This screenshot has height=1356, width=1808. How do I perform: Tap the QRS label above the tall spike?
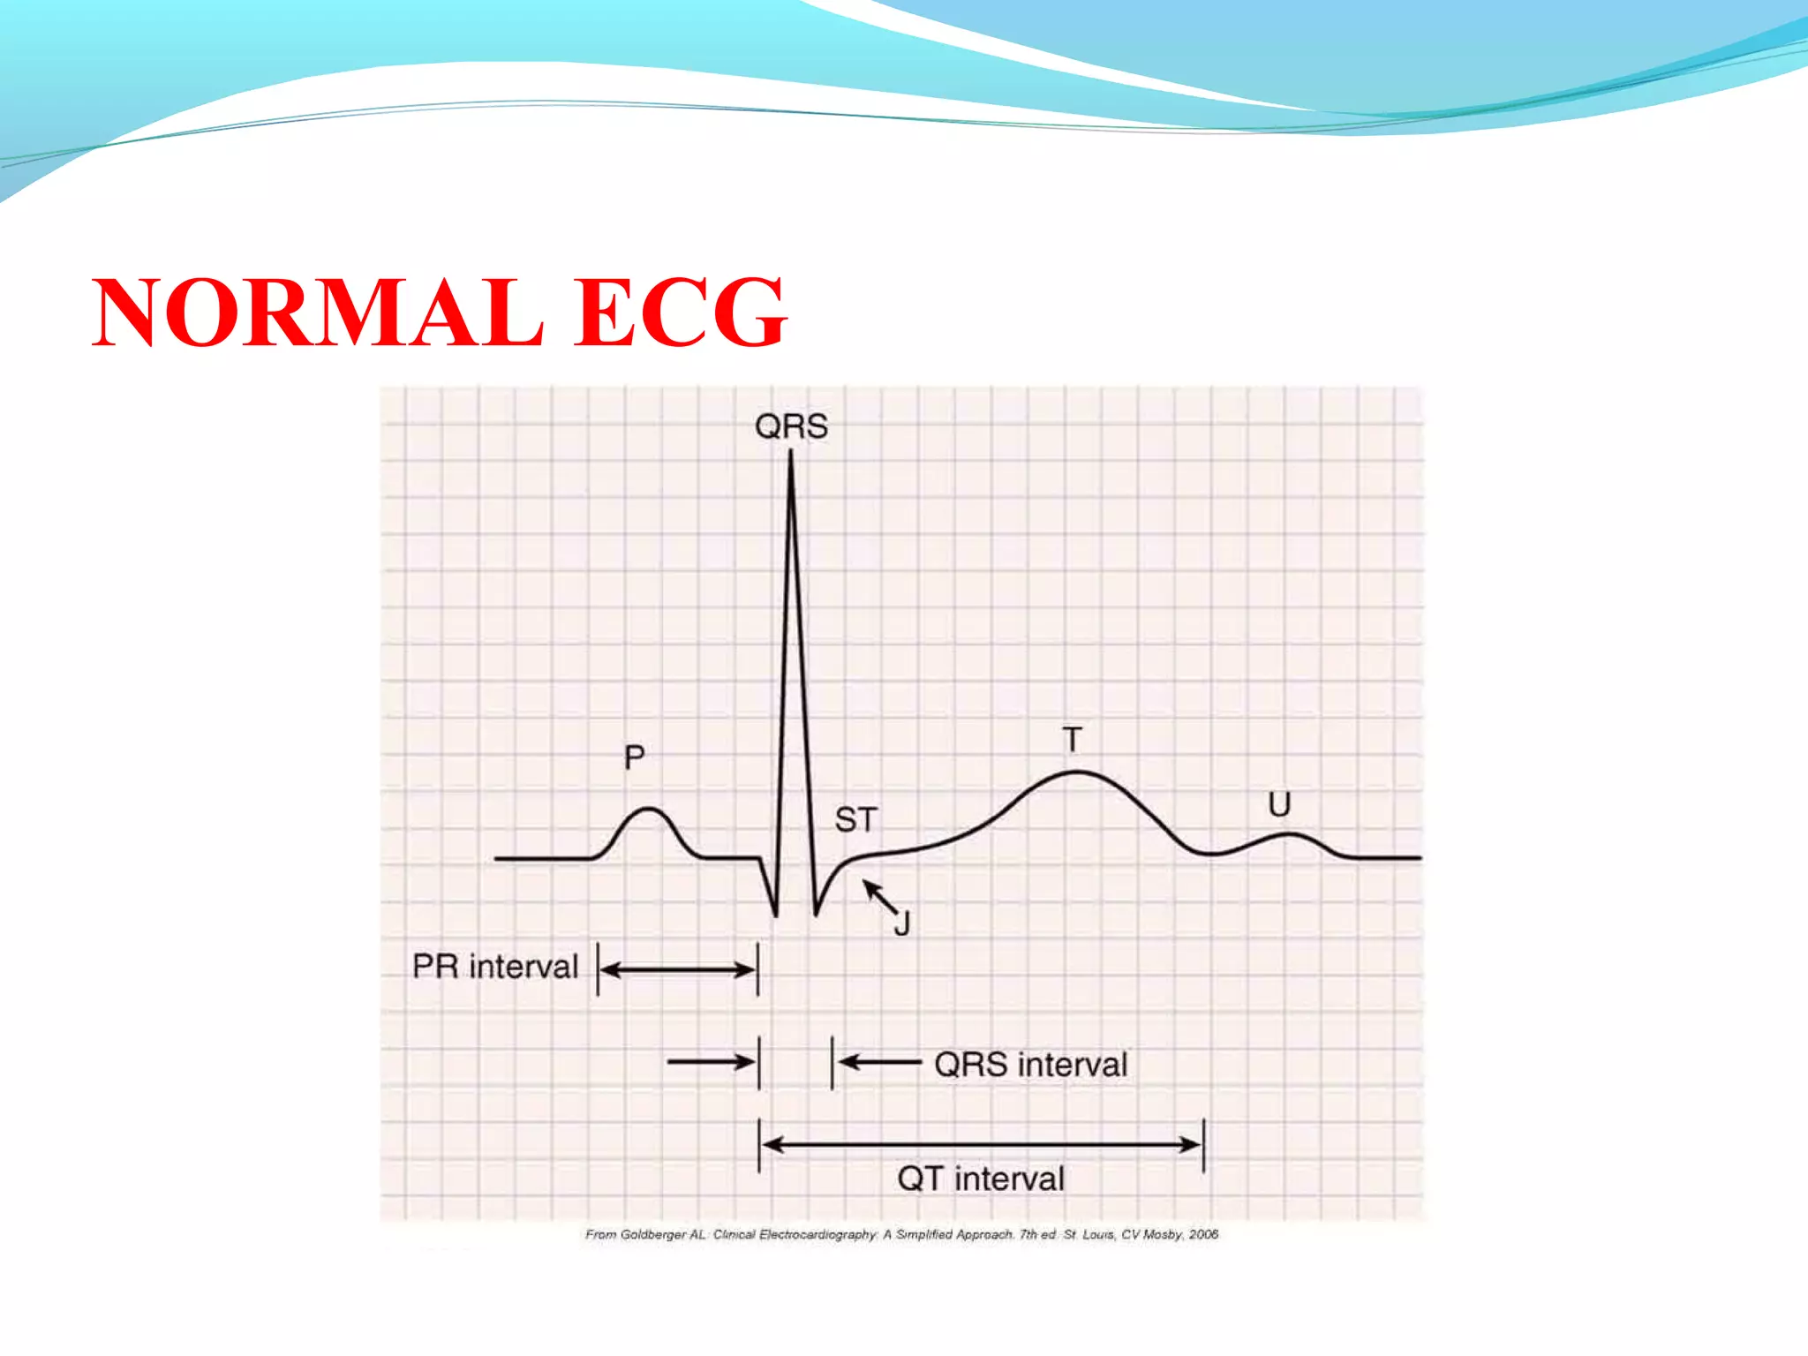pyautogui.click(x=791, y=427)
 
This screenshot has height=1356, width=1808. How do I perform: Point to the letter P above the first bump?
pyautogui.click(x=634, y=757)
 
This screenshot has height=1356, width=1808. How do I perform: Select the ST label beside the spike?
pyautogui.click(x=855, y=820)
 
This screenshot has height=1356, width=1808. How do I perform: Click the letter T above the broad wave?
pyautogui.click(x=1072, y=740)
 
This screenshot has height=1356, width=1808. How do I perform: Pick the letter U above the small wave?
pyautogui.click(x=1279, y=804)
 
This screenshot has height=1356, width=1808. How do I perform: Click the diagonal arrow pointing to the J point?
pyautogui.click(x=879, y=897)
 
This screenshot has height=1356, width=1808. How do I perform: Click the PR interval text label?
pyautogui.click(x=495, y=967)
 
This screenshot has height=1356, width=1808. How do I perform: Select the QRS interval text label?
pyautogui.click(x=1031, y=1065)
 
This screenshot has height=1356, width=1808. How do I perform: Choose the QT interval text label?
pyautogui.click(x=981, y=1179)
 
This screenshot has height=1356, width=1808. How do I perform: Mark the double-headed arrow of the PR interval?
pyautogui.click(x=678, y=970)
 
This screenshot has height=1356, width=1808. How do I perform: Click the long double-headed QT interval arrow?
pyautogui.click(x=981, y=1145)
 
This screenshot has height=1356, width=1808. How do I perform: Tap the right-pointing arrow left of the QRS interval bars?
pyautogui.click(x=711, y=1062)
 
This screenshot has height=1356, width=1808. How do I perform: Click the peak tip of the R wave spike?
pyautogui.click(x=790, y=454)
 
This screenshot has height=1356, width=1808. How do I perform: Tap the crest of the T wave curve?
pyautogui.click(x=1077, y=773)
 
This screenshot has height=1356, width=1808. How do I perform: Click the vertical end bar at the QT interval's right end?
pyautogui.click(x=1203, y=1145)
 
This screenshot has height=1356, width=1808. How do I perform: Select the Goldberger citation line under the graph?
pyautogui.click(x=901, y=1234)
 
